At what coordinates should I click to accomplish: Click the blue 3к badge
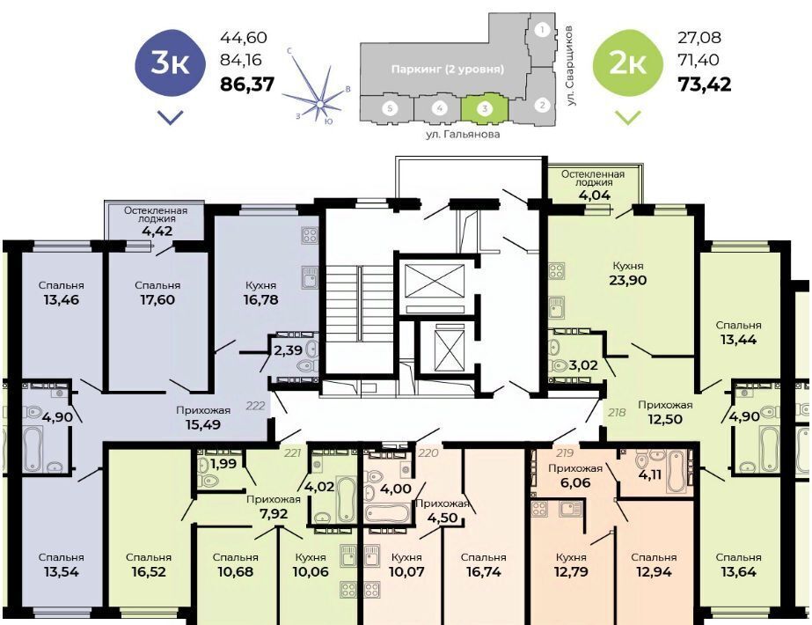click(x=171, y=63)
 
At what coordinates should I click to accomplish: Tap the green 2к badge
click(x=627, y=63)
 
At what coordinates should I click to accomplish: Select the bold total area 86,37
click(x=247, y=84)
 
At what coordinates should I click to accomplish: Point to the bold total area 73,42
click(x=705, y=84)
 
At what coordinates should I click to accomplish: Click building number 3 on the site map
click(x=485, y=109)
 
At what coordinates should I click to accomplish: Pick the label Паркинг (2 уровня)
click(x=448, y=69)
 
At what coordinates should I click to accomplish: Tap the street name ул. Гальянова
click(x=463, y=134)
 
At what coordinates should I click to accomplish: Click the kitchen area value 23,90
click(x=628, y=280)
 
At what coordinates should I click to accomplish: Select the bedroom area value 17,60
click(x=157, y=300)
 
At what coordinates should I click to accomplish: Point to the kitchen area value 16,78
click(x=260, y=300)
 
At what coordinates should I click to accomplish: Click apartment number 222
click(x=255, y=406)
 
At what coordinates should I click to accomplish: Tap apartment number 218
click(x=617, y=413)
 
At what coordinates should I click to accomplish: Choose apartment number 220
click(x=428, y=453)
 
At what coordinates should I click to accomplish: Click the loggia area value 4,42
click(x=157, y=232)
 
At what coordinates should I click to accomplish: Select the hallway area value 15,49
click(x=203, y=425)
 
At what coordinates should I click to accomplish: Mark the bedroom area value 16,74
click(x=483, y=572)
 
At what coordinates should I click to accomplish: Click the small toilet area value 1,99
click(x=223, y=464)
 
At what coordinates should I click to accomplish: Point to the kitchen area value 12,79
click(x=571, y=572)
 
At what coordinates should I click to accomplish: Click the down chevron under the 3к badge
click(x=171, y=118)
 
